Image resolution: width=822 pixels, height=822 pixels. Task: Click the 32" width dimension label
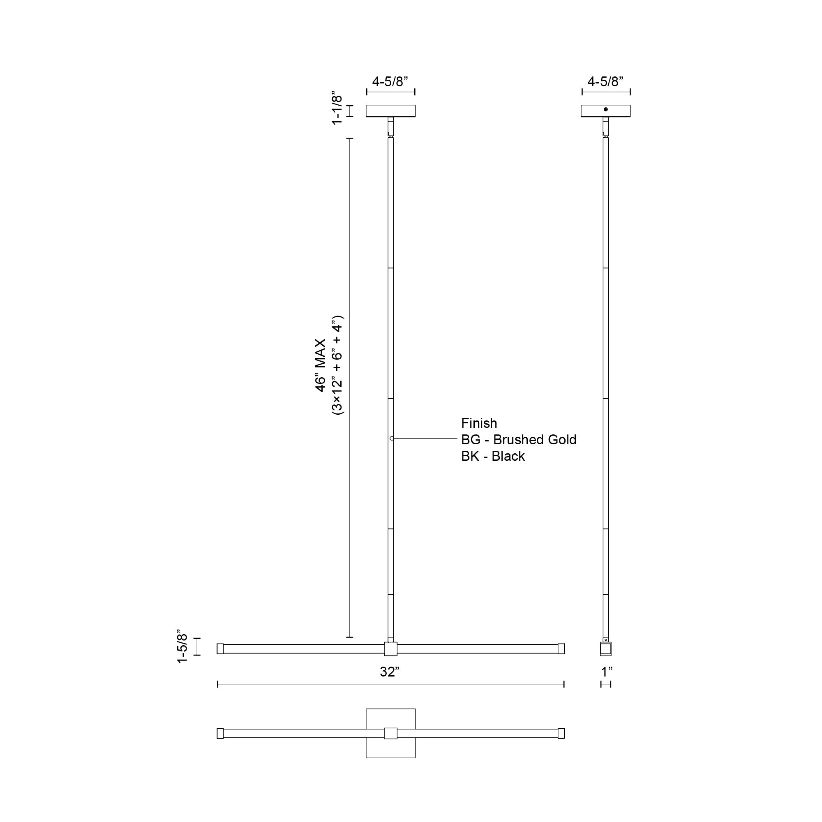point(389,672)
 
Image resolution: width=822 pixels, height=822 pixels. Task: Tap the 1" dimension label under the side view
point(607,672)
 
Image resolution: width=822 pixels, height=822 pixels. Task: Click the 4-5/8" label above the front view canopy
point(390,81)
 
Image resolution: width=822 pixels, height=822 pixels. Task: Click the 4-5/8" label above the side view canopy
point(605,81)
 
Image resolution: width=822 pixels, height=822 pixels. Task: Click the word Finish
point(479,423)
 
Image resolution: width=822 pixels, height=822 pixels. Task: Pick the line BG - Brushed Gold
point(519,439)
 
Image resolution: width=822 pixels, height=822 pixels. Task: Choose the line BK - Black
point(493,456)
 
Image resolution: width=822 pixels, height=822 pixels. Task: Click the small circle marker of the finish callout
point(392,438)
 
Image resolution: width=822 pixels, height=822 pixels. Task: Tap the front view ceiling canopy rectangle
point(390,111)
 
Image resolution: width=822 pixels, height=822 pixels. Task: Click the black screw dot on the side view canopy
point(606,109)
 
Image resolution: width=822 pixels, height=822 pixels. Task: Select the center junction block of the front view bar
point(390,649)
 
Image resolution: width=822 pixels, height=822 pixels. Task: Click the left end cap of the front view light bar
point(220,649)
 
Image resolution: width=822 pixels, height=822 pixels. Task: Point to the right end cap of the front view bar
point(561,649)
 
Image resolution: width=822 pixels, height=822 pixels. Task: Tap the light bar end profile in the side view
point(605,649)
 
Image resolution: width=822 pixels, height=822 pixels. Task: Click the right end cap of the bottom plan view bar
point(561,734)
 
